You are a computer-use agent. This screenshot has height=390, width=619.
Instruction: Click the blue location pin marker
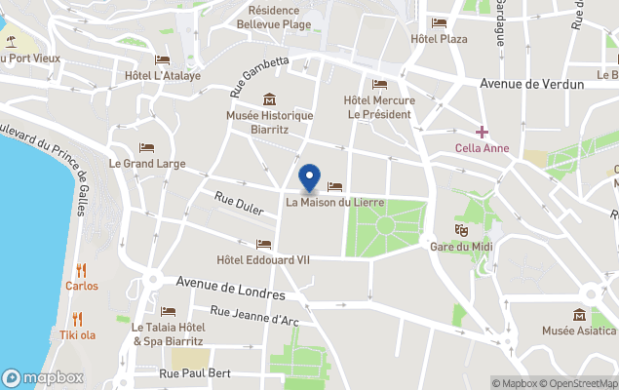(x=310, y=176)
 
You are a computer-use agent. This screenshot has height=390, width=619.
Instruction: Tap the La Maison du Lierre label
(x=334, y=202)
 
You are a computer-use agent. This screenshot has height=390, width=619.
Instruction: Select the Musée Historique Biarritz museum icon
(x=270, y=99)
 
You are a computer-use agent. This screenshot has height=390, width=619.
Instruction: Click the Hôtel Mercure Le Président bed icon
(x=379, y=84)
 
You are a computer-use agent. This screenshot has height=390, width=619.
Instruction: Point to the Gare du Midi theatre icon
(x=461, y=229)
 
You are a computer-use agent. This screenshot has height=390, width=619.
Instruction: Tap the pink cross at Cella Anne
(x=482, y=132)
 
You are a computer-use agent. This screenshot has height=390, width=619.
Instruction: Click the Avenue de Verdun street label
(x=531, y=84)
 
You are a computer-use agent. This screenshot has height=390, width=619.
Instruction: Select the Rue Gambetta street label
(x=259, y=76)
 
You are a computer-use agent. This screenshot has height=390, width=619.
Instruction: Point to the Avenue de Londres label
(x=230, y=288)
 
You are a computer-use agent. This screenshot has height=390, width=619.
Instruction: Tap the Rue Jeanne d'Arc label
(x=253, y=318)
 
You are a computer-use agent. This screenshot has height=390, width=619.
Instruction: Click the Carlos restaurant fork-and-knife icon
(x=82, y=270)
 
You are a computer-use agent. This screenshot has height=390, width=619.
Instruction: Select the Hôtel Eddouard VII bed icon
(x=263, y=244)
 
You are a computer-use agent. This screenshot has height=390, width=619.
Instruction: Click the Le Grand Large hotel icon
(x=146, y=148)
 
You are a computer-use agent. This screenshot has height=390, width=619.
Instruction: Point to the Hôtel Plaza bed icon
(x=439, y=23)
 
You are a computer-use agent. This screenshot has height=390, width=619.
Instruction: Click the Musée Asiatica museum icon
(x=580, y=314)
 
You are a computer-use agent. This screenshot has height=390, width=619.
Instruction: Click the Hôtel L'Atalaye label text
(x=162, y=75)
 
